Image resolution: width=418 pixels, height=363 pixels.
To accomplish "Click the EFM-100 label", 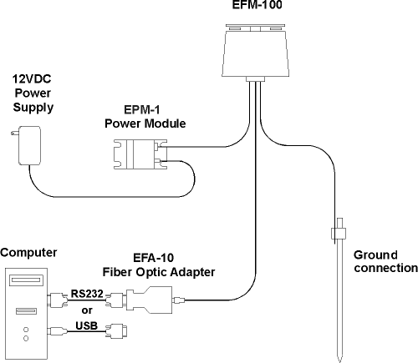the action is (257, 5).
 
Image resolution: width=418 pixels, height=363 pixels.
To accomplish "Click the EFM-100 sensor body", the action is (256, 53).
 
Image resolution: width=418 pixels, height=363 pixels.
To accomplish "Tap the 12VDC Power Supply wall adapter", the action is (29, 145).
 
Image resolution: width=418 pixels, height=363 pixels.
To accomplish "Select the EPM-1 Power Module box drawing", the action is (140, 154).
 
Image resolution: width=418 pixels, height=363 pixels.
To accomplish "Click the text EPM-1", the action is (142, 110).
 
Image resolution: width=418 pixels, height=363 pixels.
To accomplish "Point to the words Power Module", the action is (145, 124).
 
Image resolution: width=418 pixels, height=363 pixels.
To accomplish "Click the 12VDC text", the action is (32, 79).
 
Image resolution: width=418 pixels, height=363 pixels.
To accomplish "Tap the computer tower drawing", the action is (27, 313).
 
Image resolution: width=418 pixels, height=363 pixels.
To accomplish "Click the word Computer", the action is (28, 253).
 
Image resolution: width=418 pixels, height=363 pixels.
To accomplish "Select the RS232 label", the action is (87, 294).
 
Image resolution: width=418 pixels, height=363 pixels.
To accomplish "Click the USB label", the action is (86, 325).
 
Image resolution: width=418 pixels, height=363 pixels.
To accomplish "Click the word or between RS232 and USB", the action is (87, 310).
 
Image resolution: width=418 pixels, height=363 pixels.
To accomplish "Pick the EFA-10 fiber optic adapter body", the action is (149, 300).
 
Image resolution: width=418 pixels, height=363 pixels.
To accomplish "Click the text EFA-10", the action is (154, 258).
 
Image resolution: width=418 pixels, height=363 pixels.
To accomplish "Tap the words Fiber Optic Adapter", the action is (159, 272).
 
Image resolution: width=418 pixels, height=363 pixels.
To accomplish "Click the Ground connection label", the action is (385, 261).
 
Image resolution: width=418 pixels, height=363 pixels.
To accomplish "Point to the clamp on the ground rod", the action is (339, 234).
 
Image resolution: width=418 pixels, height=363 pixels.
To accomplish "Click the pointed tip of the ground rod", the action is (339, 362).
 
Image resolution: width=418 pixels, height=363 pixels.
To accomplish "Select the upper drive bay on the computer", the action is (27, 280).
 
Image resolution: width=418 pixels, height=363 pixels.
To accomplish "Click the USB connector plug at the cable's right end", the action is (116, 331).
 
